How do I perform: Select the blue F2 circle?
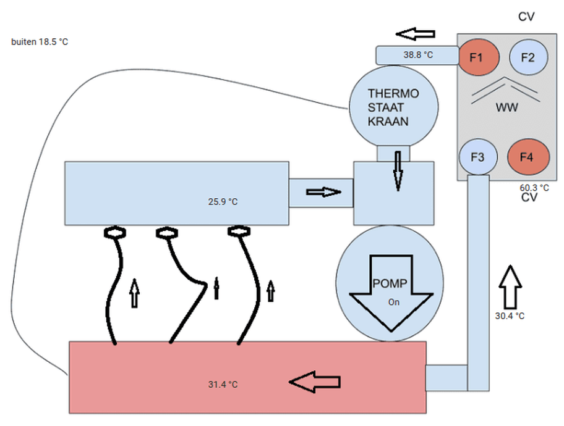pyautogui.click(x=528, y=57)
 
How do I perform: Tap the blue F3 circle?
pyautogui.click(x=477, y=157)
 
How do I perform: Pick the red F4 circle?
pyautogui.click(x=526, y=157)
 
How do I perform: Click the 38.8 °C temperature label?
pyautogui.click(x=418, y=55)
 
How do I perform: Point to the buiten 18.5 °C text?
pyautogui.click(x=40, y=43)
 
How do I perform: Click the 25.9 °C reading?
pyautogui.click(x=222, y=201)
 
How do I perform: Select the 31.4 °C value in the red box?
pyautogui.click(x=223, y=385)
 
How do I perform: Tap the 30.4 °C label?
pyautogui.click(x=510, y=315)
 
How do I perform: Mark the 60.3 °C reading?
pyautogui.click(x=534, y=188)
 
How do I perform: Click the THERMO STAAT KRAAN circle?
pyautogui.click(x=393, y=107)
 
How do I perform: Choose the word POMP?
pyautogui.click(x=390, y=283)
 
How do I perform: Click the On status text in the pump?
pyautogui.click(x=394, y=303)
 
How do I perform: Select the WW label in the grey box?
pyautogui.click(x=506, y=107)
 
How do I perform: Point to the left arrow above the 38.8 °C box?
pyautogui.click(x=416, y=33)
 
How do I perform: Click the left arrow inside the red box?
pyautogui.click(x=315, y=383)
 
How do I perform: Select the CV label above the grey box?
pyautogui.click(x=526, y=17)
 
